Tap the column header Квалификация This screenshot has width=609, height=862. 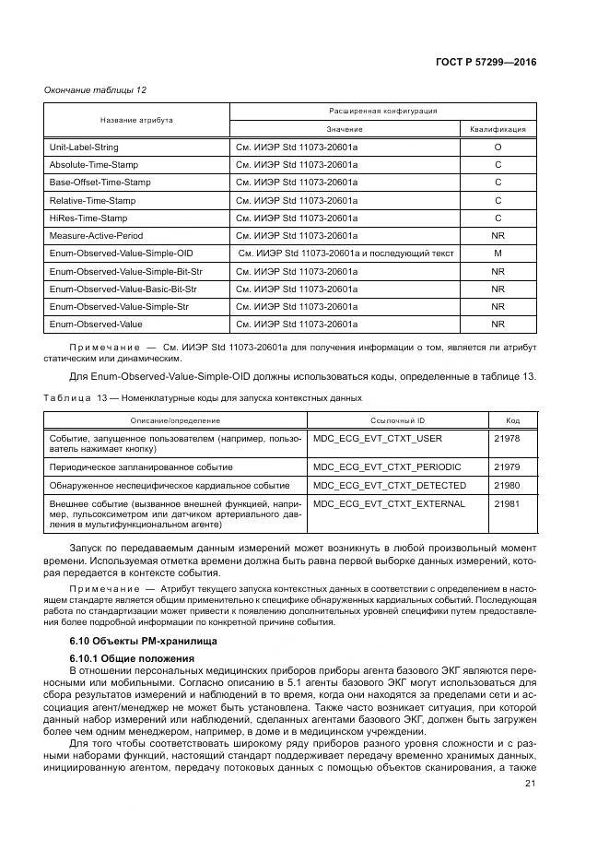point(498,130)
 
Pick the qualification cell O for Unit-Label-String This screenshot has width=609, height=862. point(498,148)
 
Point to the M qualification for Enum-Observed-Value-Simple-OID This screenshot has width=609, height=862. point(498,253)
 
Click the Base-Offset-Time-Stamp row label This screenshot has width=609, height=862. point(100,183)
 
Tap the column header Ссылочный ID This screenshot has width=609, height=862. point(399,419)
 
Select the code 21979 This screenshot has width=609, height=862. point(507,467)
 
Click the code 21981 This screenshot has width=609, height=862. point(507,504)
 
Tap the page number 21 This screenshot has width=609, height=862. point(530,784)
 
